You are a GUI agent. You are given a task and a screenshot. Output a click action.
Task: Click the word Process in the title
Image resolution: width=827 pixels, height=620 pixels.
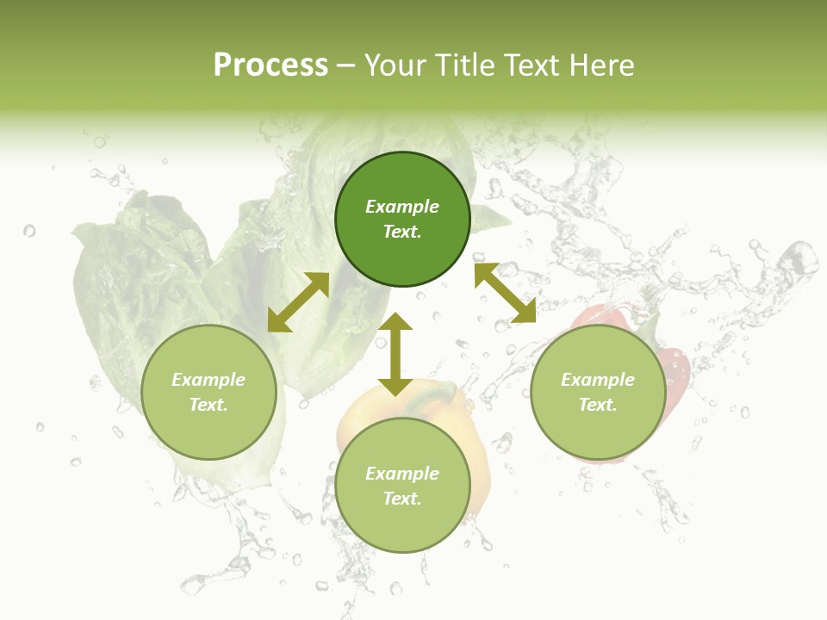(270, 65)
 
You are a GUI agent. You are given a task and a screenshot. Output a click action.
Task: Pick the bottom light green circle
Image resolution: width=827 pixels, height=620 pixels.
(402, 525)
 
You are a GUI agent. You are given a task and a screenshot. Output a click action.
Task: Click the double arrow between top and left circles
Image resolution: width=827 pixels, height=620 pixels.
(298, 302)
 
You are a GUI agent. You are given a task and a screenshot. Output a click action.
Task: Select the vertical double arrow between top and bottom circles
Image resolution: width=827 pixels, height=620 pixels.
(395, 354)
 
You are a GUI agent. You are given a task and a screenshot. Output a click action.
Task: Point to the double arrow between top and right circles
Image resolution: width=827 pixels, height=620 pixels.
(505, 293)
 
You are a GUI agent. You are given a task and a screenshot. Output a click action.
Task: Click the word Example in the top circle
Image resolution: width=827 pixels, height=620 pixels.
(402, 207)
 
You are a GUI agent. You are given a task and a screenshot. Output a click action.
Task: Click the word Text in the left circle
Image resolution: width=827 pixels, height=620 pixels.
(208, 405)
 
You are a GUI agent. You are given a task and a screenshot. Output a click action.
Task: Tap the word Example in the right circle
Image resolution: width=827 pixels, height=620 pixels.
(598, 380)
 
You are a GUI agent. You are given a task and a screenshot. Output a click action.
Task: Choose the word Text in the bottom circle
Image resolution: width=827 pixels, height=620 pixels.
(402, 499)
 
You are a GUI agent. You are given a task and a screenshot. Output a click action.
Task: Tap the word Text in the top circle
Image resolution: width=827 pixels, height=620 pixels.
(402, 232)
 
